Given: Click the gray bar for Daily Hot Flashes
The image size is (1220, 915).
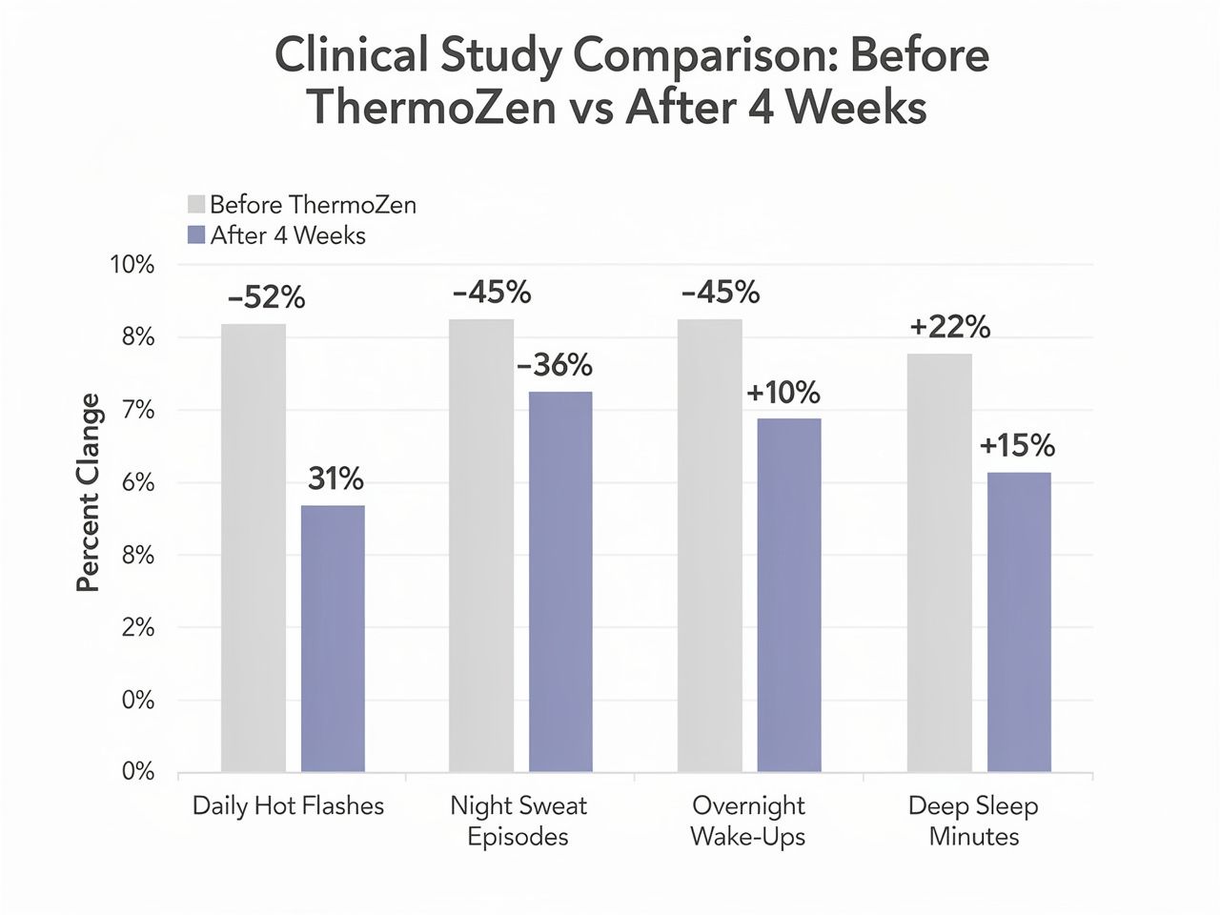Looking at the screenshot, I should (x=254, y=547).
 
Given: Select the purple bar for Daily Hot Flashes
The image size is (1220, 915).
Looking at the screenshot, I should (x=333, y=638).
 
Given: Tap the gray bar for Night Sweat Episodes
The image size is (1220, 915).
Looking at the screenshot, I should (x=481, y=545).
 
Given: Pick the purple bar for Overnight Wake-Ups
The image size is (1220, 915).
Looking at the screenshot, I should (x=789, y=595).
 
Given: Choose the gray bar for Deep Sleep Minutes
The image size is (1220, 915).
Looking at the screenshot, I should (x=939, y=562).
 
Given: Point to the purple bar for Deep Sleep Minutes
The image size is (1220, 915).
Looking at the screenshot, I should (x=1019, y=621).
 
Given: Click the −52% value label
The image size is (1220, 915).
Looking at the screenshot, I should (x=266, y=298).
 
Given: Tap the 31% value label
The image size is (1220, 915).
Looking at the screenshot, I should (x=335, y=478).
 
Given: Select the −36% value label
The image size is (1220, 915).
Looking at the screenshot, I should (x=554, y=365).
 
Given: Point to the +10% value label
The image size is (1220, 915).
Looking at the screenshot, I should (x=783, y=392).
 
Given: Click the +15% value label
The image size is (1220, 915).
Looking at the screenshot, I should (x=1017, y=446).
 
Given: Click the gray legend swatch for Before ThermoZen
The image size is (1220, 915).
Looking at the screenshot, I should (x=197, y=205).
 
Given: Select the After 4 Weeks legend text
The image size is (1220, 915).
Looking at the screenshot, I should (x=288, y=235).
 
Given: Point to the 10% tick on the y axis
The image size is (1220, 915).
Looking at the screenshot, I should (x=133, y=265).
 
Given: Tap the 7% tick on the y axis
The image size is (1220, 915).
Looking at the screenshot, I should (x=138, y=411).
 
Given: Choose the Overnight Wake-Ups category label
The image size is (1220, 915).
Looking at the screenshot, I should (x=748, y=822).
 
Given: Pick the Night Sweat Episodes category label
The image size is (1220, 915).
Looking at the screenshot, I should (x=518, y=822).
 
